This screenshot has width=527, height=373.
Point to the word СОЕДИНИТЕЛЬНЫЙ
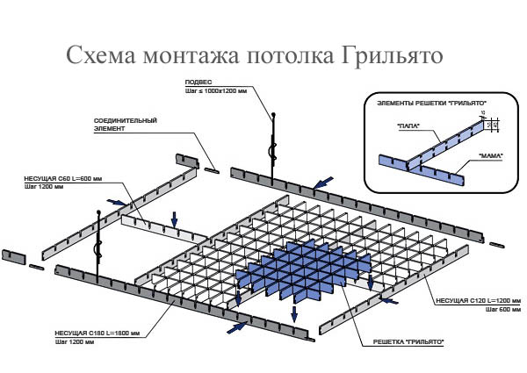126,119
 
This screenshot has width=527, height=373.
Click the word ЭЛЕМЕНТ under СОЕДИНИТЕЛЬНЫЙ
110,127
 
